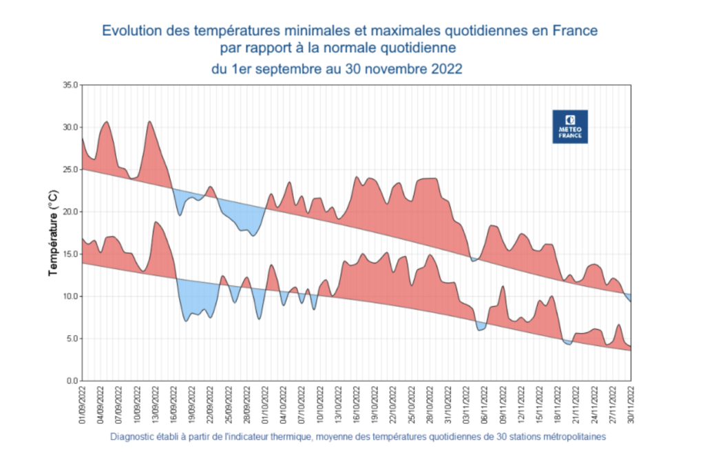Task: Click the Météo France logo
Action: (x=570, y=126)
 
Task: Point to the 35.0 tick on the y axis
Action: (x=71, y=85)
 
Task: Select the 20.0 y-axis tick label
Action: (x=71, y=212)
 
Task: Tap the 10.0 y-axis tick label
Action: (x=71, y=296)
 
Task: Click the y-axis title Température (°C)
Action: (x=53, y=233)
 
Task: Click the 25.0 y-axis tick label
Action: (x=71, y=170)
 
